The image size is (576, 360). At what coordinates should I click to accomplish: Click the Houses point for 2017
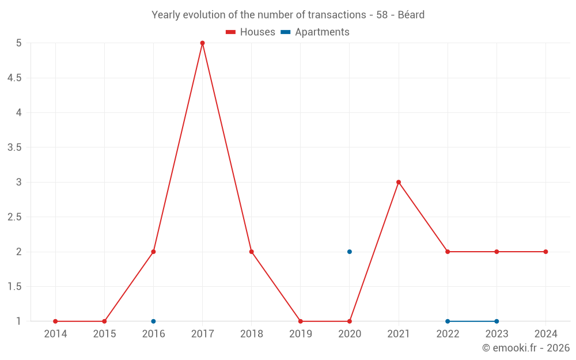(x=202, y=43)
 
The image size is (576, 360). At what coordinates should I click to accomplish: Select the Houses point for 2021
(x=399, y=182)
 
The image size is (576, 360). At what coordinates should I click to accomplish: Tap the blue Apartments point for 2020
(x=350, y=252)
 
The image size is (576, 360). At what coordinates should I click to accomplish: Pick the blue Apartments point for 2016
(x=153, y=321)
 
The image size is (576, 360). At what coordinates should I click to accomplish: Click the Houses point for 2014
(x=55, y=321)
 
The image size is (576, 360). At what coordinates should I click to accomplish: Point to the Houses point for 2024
(x=545, y=252)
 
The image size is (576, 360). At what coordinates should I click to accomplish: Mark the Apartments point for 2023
(x=497, y=321)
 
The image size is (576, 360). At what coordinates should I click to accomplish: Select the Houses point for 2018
(x=252, y=252)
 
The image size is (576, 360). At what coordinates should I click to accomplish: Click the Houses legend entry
(x=251, y=32)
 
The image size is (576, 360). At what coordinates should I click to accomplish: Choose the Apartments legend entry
(x=315, y=32)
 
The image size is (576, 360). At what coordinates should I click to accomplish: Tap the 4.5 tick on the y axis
(x=14, y=78)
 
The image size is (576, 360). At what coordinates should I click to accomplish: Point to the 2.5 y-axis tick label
(x=14, y=217)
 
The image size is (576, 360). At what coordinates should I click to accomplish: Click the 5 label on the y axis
(x=19, y=43)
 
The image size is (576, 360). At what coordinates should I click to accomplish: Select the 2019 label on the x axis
(x=301, y=334)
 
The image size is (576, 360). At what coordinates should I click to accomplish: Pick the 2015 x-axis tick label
(x=104, y=334)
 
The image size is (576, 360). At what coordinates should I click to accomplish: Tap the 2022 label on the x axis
(x=448, y=334)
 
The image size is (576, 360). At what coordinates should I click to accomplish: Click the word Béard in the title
(x=411, y=15)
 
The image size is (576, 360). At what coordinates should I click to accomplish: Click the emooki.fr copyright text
(x=526, y=348)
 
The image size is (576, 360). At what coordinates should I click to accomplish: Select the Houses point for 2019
(x=301, y=321)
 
